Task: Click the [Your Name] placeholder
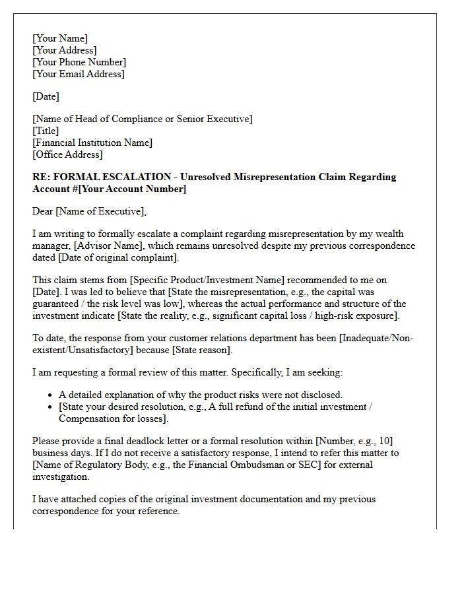[x=60, y=38]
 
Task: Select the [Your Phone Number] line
[x=79, y=62]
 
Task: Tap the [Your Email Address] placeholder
[x=78, y=74]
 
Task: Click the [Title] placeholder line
[x=46, y=131]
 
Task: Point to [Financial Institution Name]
[x=92, y=143]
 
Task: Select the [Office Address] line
[x=67, y=154]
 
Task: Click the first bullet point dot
[x=51, y=395]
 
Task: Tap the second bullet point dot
[x=51, y=407]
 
